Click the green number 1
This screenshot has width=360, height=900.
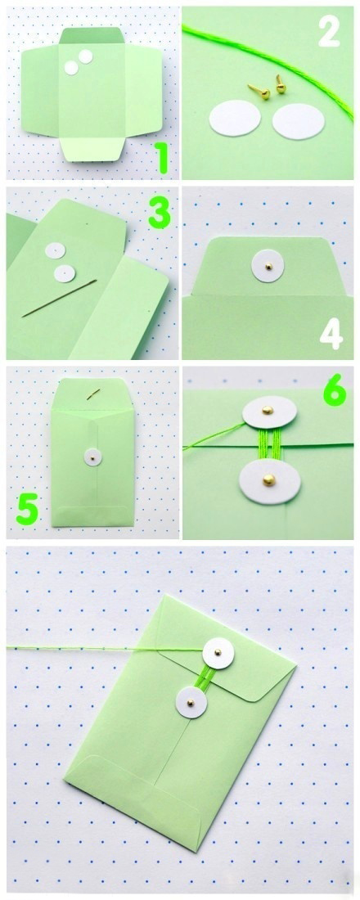point(163,159)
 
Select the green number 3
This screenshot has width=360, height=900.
point(159,214)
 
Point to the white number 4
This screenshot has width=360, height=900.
point(331,335)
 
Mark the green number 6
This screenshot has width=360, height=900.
point(334,392)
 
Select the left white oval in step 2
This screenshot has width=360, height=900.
point(235,119)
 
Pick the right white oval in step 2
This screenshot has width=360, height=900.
point(298,121)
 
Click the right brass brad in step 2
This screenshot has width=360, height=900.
point(280,84)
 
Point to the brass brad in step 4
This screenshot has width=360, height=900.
point(268,267)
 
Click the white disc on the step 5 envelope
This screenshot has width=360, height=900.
point(93,457)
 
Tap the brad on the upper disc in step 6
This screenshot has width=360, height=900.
point(267,410)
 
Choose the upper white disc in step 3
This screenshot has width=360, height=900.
point(56,251)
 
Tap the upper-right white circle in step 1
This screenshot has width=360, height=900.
point(86,56)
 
